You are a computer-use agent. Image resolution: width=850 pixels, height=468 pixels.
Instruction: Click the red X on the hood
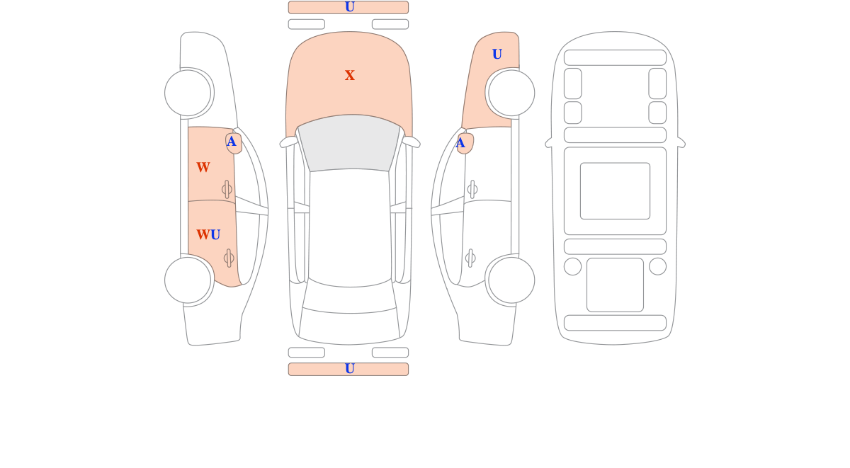(x=349, y=75)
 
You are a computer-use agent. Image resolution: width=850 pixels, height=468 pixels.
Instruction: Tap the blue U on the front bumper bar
(x=349, y=7)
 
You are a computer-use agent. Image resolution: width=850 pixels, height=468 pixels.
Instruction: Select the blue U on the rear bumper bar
(x=349, y=369)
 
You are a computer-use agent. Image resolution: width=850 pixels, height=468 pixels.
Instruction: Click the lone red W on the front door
(x=203, y=167)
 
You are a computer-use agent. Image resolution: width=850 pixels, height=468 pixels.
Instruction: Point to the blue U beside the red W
(x=215, y=235)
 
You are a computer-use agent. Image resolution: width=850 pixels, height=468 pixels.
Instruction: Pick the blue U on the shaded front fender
(x=497, y=55)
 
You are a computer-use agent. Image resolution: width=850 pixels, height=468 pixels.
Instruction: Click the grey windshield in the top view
(x=349, y=143)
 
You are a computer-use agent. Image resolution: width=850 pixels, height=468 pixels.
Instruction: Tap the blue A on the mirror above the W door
(x=231, y=142)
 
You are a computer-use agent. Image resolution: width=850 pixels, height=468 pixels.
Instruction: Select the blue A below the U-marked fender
(x=460, y=143)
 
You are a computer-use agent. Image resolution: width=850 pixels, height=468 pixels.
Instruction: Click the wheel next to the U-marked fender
(x=511, y=93)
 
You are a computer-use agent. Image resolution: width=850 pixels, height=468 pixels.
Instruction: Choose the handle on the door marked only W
(x=227, y=189)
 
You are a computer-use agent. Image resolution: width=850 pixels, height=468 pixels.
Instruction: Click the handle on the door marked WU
(x=229, y=258)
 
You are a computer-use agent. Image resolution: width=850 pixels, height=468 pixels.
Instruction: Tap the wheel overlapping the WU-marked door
(x=188, y=280)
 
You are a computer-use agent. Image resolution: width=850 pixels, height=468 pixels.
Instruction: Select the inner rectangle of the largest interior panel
(x=615, y=191)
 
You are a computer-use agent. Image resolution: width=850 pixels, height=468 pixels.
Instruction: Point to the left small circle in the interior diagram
(x=572, y=266)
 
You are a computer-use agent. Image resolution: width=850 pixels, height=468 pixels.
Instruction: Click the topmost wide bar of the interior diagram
(x=615, y=57)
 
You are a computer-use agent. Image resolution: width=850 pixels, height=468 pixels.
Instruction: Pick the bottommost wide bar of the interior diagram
(x=615, y=323)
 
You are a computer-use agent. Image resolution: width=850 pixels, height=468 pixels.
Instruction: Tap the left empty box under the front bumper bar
(x=307, y=24)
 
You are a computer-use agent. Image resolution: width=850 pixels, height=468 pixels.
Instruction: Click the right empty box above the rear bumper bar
(x=390, y=353)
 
